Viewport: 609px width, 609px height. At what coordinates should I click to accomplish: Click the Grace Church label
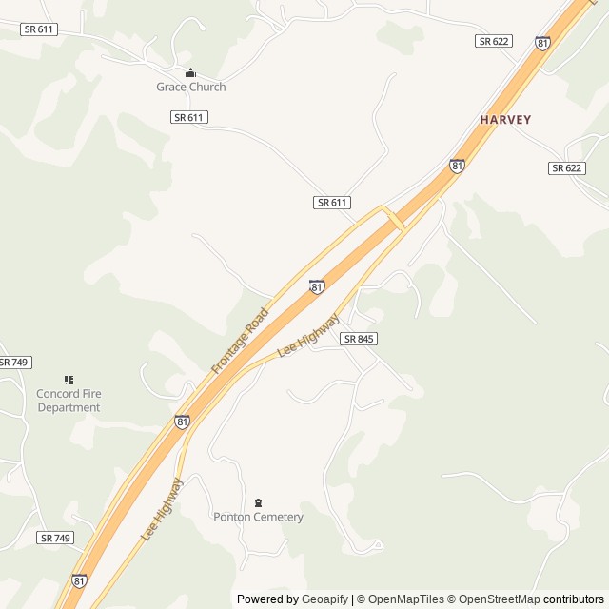click(191, 87)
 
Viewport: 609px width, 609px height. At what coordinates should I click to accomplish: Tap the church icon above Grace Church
click(190, 73)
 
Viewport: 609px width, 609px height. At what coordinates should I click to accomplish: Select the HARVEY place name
click(505, 120)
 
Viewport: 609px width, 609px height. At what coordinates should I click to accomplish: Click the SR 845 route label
click(359, 339)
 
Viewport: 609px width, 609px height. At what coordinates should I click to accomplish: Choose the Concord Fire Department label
click(69, 401)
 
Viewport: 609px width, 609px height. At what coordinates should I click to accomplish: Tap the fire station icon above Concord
click(69, 381)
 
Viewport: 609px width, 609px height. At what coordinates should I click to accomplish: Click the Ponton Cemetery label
click(258, 517)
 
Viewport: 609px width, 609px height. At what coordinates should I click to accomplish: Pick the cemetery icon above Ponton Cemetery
click(258, 502)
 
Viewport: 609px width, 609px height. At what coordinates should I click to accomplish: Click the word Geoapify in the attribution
click(324, 599)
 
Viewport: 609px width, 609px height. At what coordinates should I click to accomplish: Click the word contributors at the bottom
click(574, 599)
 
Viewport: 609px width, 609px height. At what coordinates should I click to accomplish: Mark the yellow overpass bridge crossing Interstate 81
click(394, 218)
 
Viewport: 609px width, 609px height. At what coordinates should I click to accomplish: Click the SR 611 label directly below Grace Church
click(189, 117)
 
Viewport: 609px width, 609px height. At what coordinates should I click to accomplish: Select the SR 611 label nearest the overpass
click(332, 203)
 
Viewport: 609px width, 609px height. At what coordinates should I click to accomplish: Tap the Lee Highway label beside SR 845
click(307, 336)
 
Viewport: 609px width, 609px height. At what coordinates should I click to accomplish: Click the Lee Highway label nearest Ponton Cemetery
click(162, 509)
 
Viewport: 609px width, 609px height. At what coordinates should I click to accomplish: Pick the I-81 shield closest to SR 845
click(317, 286)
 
